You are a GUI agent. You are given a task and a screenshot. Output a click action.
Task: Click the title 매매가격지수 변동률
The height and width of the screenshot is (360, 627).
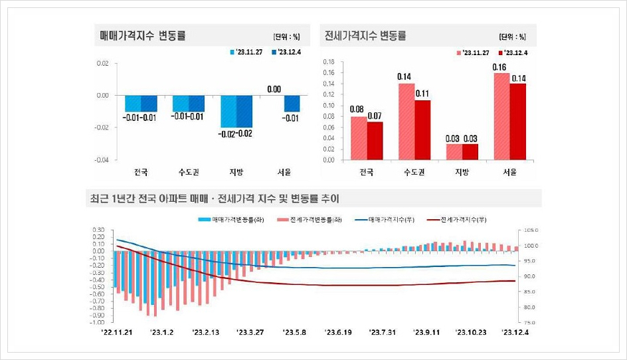tap(142, 35)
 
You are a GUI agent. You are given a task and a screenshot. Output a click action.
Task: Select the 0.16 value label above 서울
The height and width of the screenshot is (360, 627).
tap(500, 67)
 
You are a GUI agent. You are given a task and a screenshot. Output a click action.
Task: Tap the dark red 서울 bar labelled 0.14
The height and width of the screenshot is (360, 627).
tap(517, 122)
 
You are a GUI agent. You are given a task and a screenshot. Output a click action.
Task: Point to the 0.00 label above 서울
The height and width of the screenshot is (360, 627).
tap(274, 89)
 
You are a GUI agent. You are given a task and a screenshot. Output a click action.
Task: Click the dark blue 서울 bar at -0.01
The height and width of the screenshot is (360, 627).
tap(292, 103)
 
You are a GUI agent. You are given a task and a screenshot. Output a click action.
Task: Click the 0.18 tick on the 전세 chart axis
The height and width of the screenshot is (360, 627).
tap(328, 62)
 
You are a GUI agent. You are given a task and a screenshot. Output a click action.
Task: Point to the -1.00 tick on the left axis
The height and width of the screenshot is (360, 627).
tap(97, 322)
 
